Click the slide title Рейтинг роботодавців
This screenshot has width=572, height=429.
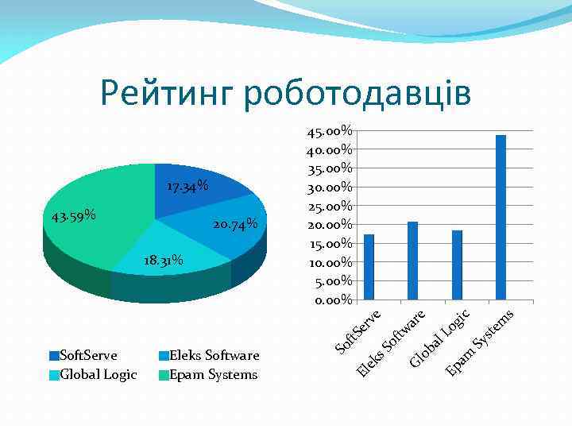click(x=285, y=94)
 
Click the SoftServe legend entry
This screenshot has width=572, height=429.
click(x=83, y=355)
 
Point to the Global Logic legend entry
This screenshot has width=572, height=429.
click(x=92, y=374)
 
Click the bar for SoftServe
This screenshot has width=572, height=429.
click(x=369, y=268)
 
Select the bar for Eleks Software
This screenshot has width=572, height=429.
click(x=412, y=261)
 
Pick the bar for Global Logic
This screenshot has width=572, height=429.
click(x=457, y=265)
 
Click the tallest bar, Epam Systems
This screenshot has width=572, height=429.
click(x=500, y=218)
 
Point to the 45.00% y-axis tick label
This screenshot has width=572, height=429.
click(x=330, y=130)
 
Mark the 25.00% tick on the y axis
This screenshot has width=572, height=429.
click(x=330, y=206)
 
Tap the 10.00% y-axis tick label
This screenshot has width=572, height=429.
click(x=330, y=262)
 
